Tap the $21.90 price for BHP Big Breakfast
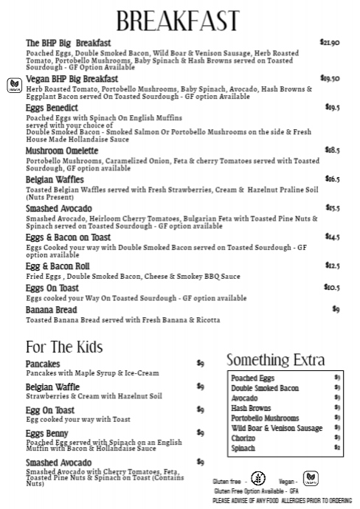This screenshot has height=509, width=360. tap(329, 43)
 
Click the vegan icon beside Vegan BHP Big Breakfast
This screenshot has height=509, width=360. tap(14, 84)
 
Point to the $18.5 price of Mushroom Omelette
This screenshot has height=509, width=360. tap(332, 150)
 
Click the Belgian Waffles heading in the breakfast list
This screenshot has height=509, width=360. tap(55, 179)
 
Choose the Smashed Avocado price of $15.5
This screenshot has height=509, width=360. tap(332, 208)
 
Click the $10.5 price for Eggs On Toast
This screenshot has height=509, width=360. tap(332, 287)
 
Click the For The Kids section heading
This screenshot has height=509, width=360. tap(63, 347)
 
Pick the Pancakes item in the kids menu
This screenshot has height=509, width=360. tap(44, 364)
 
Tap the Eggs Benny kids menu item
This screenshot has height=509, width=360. tap(46, 433)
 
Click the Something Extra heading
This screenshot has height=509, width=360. tap(275, 360)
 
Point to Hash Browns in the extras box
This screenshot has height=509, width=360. tap(251, 408)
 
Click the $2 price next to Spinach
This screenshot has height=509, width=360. tap(337, 448)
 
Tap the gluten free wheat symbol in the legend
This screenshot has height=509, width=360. tap(257, 477)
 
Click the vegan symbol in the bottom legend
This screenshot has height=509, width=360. tap(311, 477)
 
